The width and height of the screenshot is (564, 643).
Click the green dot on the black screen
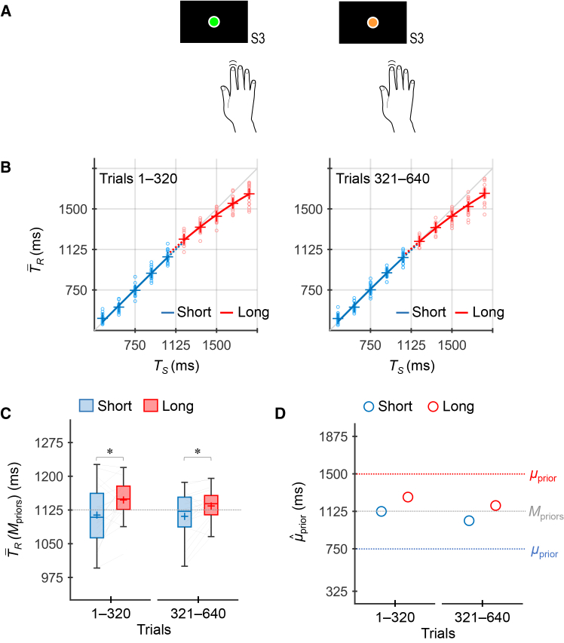pos(213,22)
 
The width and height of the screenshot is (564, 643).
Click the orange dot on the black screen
pos(372,22)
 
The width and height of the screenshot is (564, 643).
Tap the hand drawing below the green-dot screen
pos(238,96)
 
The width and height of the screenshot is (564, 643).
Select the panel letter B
pos(6,167)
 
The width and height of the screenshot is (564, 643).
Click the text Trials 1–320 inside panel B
pos(138,179)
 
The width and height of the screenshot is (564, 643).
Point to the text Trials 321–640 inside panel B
pos(383,179)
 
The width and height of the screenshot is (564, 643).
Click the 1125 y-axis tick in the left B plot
pos(73,250)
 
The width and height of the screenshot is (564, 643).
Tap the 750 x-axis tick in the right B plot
pos(370,345)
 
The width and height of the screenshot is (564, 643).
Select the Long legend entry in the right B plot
pos(480,313)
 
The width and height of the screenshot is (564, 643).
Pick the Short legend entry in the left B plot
pos(186,313)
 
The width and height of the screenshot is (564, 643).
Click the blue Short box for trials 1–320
pos(97,516)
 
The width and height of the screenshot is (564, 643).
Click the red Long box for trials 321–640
pos(211,505)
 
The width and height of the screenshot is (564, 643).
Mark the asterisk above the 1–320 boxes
pos(110,452)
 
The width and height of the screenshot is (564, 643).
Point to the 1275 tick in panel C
pos(49,443)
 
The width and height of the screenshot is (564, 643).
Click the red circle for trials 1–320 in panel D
pos(408,497)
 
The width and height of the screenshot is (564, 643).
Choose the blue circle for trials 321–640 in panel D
pos(469,521)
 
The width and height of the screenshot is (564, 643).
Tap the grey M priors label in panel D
pos(546,513)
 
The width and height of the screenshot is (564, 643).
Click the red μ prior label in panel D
pos(543,476)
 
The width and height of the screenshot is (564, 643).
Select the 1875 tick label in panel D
pos(333,436)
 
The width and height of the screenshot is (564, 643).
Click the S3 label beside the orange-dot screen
pos(417,38)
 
